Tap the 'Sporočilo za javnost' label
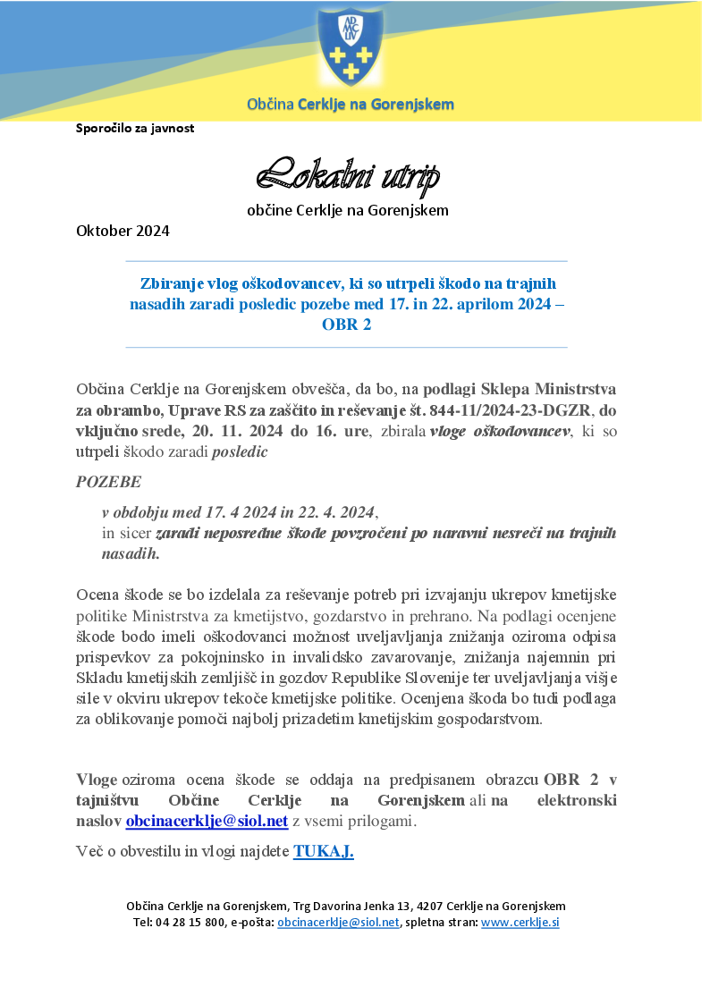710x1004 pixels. tap(135, 128)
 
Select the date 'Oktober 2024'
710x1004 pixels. tap(123, 231)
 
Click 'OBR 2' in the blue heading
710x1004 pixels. tap(346, 325)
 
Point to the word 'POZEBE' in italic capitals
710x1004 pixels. tap(108, 482)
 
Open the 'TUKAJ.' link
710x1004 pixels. tap(323, 851)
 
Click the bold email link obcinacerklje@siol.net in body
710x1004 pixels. tap(207, 821)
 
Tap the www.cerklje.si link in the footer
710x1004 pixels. tap(520, 923)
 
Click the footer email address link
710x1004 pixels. tap(338, 923)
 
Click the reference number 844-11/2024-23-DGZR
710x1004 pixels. tap(521, 411)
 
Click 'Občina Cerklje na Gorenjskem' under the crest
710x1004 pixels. tap(350, 105)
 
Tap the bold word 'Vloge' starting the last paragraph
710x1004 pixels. tap(97, 779)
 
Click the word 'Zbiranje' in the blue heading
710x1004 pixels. tap(172, 283)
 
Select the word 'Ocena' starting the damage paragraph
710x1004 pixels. tap(97, 595)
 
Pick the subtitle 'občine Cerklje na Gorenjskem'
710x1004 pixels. tap(347, 211)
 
